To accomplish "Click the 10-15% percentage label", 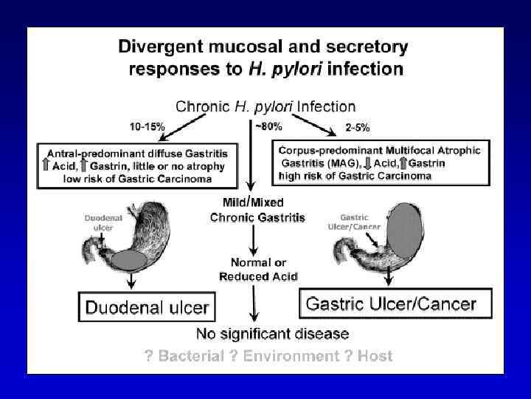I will (147, 127).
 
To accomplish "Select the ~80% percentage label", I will (268, 126).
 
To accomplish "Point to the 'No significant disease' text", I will (263, 334).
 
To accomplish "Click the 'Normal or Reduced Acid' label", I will (258, 270).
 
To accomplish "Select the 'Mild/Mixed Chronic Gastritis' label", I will (257, 209).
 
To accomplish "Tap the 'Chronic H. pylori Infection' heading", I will (264, 107).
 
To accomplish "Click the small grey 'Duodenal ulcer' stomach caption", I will (99, 223).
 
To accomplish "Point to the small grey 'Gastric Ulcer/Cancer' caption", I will (349, 222).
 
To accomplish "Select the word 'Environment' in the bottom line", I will (291, 356).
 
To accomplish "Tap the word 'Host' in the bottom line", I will (375, 356).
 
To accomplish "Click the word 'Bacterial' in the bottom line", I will (190, 356).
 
